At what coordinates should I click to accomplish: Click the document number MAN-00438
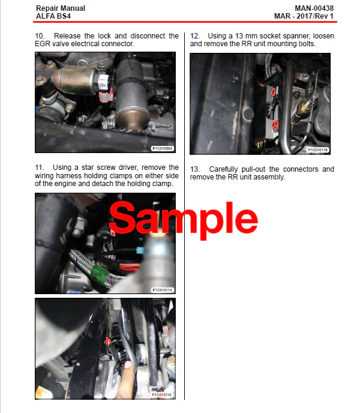314,8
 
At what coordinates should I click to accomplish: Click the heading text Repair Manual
61,8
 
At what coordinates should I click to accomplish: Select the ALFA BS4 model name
53,16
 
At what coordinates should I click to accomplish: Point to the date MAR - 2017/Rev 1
304,16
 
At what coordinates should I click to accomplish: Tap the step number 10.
40,36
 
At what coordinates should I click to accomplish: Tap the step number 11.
39,167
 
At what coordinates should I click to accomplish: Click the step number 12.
194,36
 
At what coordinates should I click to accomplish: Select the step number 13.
194,169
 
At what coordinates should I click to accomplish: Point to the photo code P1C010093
163,148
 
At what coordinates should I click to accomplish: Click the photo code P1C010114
163,290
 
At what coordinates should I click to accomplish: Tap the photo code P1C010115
161,395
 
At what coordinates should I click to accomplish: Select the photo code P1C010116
317,150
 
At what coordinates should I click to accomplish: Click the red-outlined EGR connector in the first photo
106,95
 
